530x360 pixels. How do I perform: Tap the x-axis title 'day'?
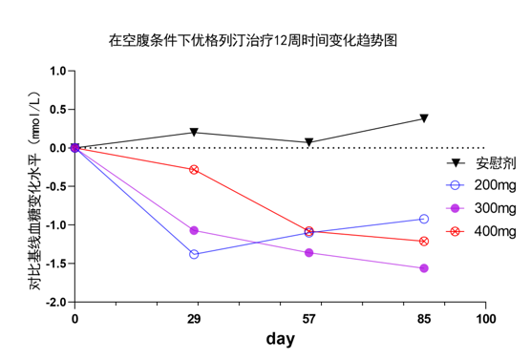pos(280,339)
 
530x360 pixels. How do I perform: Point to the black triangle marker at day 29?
pos(194,133)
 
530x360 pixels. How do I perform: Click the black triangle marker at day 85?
pos(423,118)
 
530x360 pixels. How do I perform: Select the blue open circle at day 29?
pos(194,254)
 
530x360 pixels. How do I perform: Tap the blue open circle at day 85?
pos(423,219)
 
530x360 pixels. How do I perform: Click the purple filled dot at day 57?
pos(308,252)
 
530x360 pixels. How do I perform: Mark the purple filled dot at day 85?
pos(423,268)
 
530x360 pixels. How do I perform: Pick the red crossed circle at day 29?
pos(194,169)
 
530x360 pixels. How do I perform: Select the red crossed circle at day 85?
pos(423,241)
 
